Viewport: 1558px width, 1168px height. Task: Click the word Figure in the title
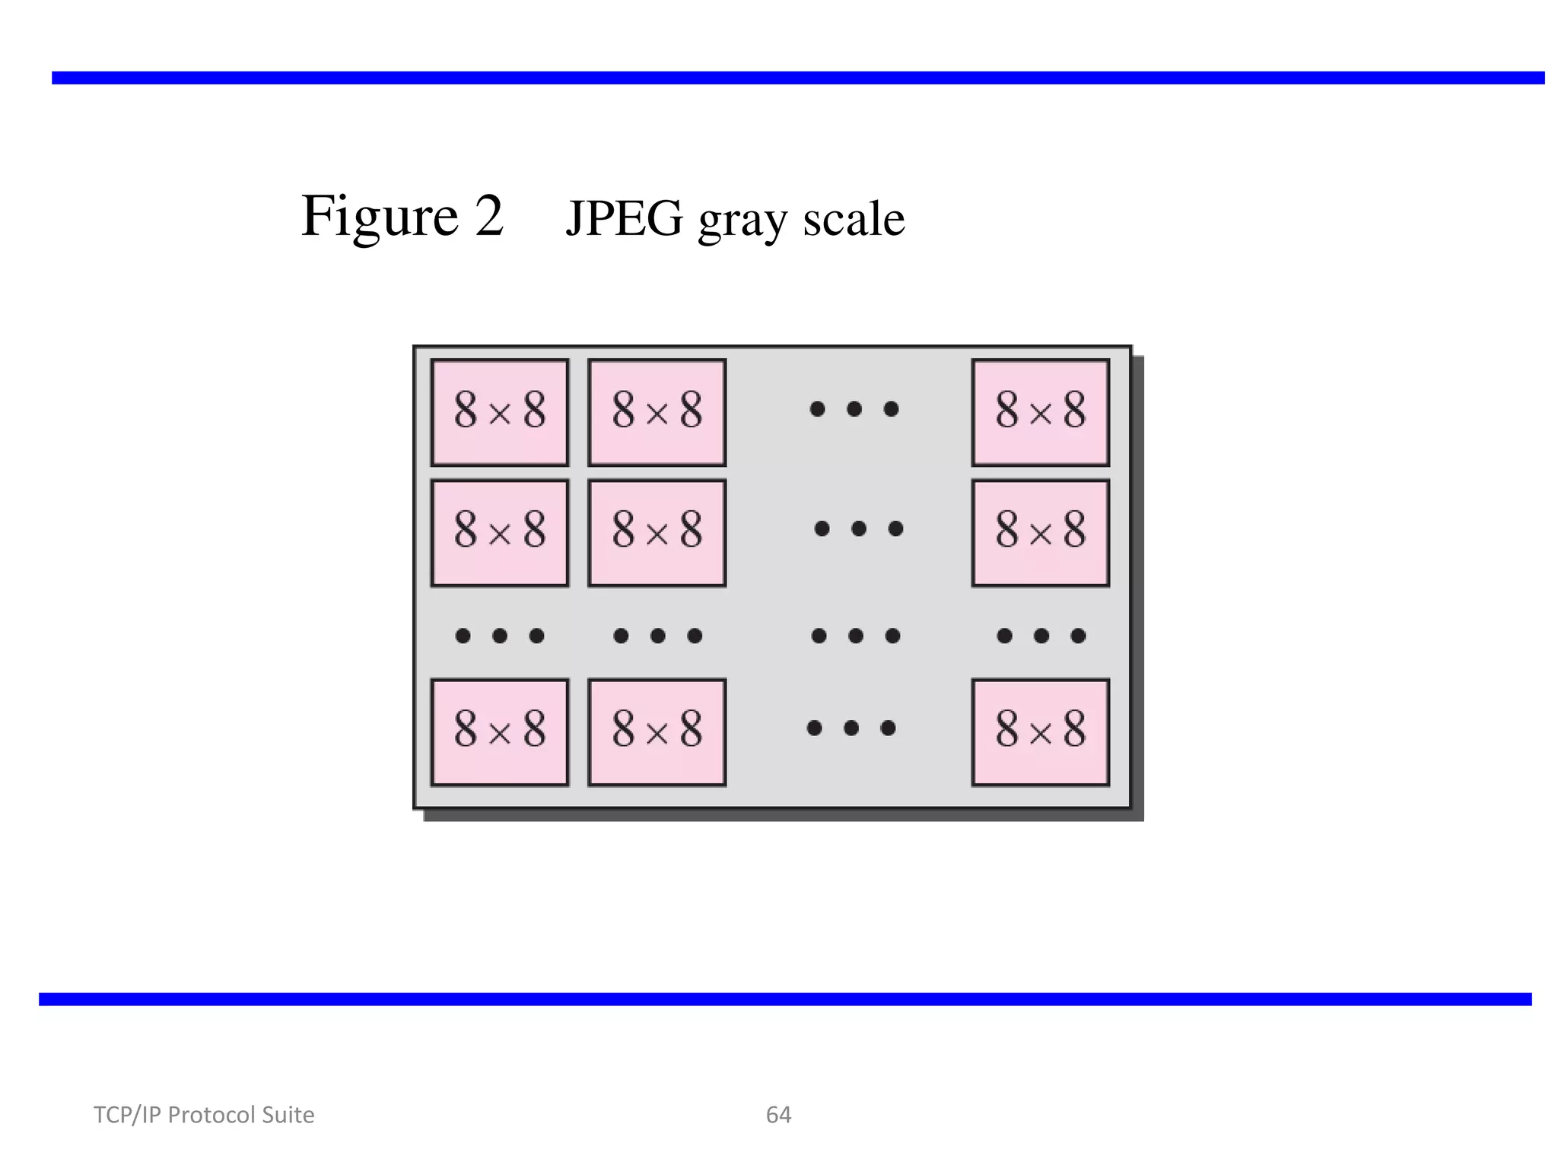[x=380, y=217]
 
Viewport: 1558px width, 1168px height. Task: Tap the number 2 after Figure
[x=489, y=215]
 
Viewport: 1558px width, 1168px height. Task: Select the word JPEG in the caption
[x=624, y=219]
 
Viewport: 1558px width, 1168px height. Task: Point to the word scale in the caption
[x=854, y=219]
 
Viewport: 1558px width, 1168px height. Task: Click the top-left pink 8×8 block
[x=500, y=412]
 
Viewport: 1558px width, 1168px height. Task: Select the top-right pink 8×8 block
[x=1040, y=412]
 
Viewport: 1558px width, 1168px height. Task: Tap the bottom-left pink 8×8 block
[x=500, y=732]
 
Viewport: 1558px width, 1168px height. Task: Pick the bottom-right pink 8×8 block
[x=1040, y=732]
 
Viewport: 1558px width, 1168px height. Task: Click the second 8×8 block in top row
[x=657, y=412]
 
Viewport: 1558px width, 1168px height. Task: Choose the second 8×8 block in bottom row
[x=657, y=732]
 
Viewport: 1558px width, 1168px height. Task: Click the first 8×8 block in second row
[x=500, y=532]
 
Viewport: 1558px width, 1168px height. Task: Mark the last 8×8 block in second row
[x=1040, y=532]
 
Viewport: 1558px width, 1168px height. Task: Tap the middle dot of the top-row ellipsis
[x=854, y=409]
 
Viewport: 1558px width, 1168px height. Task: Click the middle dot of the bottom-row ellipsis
[x=851, y=728]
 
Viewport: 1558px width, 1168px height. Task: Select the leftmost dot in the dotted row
[x=463, y=636]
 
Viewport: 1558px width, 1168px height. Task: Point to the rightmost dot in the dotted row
[x=1078, y=636]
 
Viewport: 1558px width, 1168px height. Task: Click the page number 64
[x=778, y=1115]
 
